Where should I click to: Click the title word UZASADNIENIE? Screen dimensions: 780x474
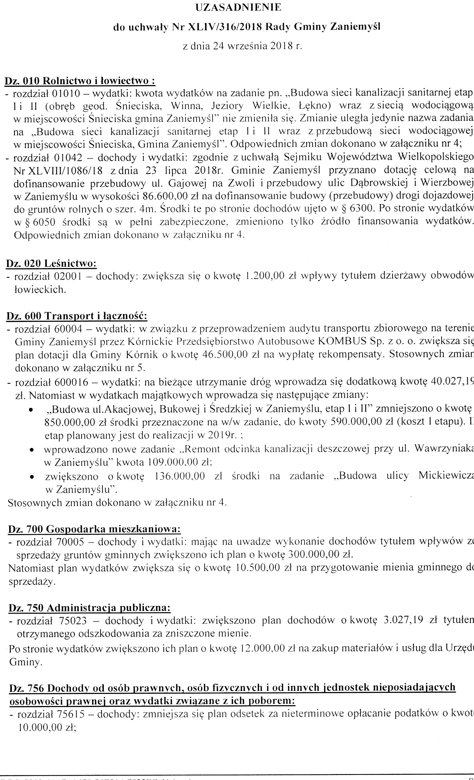(x=238, y=8)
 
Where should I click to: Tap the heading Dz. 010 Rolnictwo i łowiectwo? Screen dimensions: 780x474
(x=80, y=81)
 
